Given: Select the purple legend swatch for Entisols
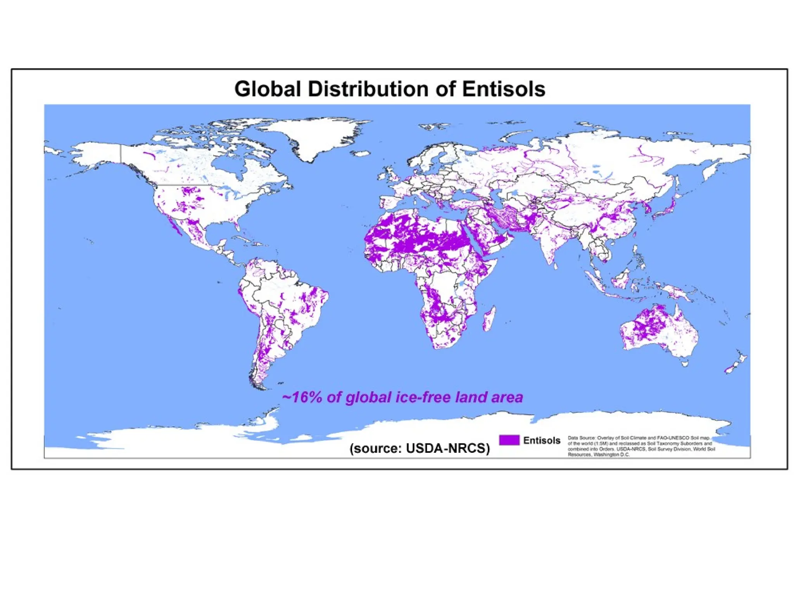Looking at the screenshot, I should point(509,440).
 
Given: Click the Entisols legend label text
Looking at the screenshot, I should point(542,440).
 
